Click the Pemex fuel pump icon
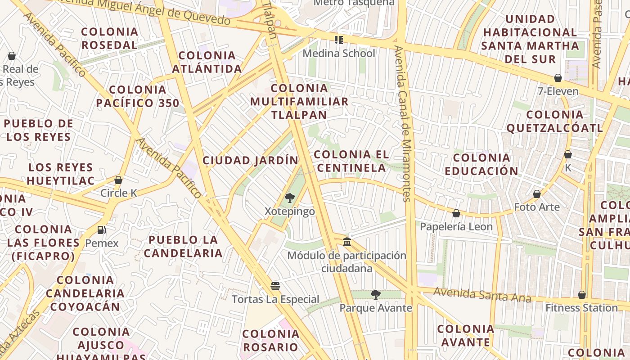[x=102, y=230]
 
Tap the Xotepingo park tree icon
[x=290, y=198]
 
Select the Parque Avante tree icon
[x=375, y=295]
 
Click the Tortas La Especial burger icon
[x=275, y=286]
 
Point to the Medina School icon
[x=339, y=40]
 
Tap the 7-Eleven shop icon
[x=558, y=78]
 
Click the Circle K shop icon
[x=118, y=180]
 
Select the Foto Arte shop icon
[x=536, y=194]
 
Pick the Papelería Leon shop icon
[x=456, y=213]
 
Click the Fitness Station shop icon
[x=582, y=295]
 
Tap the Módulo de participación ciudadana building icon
[x=347, y=242]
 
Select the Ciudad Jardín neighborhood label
[x=250, y=160]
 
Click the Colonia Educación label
[x=481, y=164]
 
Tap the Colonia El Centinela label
[x=351, y=161]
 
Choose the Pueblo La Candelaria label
[x=183, y=246]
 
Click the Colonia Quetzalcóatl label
[x=554, y=121]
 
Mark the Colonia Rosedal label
[x=109, y=38]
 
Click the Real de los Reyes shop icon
[x=12, y=56]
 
